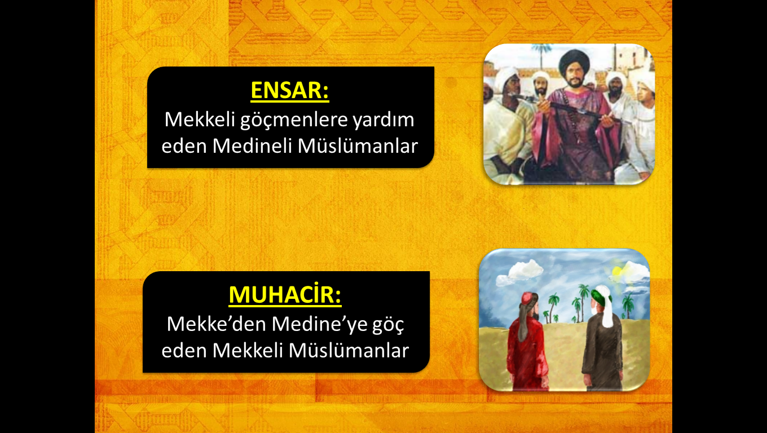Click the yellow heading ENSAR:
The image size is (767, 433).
290,90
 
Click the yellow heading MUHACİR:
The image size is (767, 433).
285,294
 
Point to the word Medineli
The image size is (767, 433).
252,146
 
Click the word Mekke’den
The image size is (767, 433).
217,324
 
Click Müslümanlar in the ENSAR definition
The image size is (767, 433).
358,146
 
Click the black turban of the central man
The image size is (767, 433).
574,62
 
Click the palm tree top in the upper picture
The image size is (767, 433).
541,50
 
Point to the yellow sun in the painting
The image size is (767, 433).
617,271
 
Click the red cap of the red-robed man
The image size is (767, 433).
528,298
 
